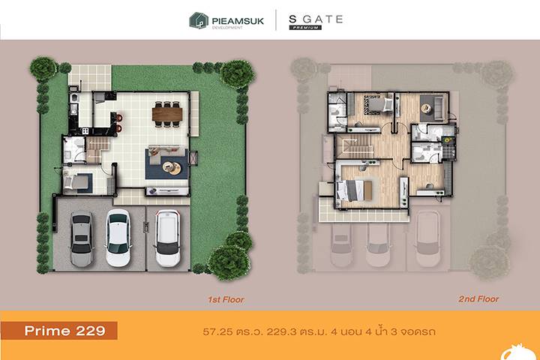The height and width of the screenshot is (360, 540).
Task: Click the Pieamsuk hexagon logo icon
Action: click(199, 20)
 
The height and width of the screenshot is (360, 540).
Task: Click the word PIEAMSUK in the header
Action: click(238, 21)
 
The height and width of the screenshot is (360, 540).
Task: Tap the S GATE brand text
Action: click(316, 19)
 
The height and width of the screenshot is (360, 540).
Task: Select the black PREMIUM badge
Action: click(305, 28)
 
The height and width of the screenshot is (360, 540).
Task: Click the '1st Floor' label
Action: click(226, 299)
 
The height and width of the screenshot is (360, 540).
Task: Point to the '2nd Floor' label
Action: click(478, 299)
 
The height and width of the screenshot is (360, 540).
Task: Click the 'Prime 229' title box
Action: click(59, 331)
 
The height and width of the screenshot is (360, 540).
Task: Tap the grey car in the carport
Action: click(82, 239)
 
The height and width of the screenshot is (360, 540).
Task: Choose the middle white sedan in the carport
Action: click(118, 238)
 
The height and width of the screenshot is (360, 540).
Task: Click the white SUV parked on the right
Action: click(167, 238)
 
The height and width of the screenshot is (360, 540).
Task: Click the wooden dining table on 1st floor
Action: click(167, 114)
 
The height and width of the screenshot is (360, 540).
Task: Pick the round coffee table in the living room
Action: click(172, 168)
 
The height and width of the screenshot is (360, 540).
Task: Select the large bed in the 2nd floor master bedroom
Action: click(354, 190)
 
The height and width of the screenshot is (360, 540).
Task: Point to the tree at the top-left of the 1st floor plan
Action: click(43, 68)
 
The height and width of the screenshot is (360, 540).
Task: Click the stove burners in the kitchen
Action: click(85, 131)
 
